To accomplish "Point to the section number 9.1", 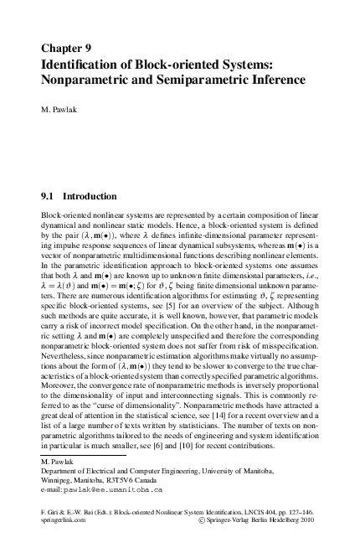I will [49, 197].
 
